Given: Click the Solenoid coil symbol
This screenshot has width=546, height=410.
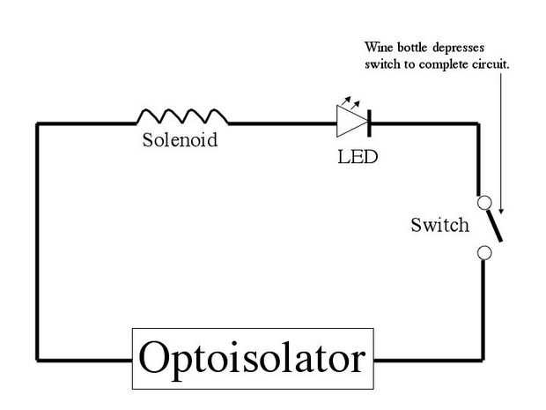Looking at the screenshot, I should pos(181,116).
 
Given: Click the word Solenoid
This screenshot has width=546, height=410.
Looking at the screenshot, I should pos(179,140).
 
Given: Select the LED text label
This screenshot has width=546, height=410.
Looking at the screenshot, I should pos(358,160).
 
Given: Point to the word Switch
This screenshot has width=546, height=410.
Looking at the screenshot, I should pos(439,225).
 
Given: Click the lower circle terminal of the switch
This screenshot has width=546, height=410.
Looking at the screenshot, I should pos(483,253).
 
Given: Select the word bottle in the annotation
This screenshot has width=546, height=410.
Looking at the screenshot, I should pos(412,48).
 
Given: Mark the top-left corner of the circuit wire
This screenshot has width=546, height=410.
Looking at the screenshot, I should pos(37,124).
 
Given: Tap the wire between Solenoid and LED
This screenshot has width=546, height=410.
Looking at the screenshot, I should pos(282,124).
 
